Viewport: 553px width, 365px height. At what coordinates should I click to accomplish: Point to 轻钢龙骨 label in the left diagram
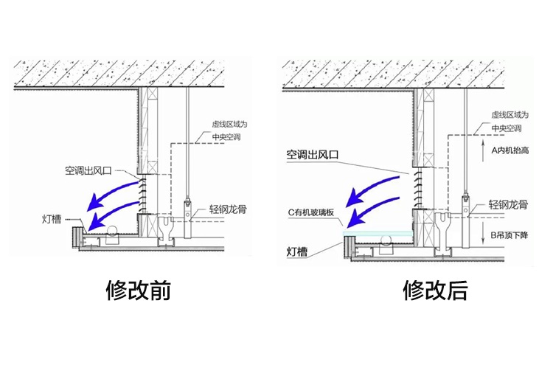(223, 209)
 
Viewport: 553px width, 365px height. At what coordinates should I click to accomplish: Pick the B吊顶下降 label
(509, 235)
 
